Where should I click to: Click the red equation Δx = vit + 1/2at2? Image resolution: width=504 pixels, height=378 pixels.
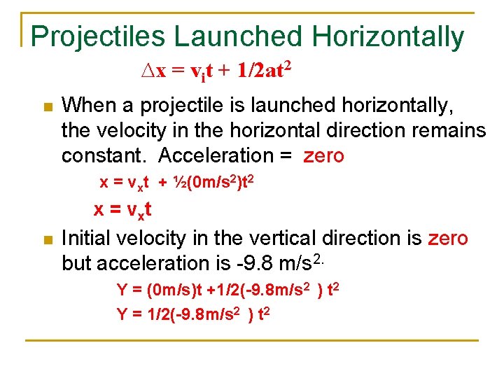click(216, 71)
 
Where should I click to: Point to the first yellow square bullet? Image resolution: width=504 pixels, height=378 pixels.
click(48, 107)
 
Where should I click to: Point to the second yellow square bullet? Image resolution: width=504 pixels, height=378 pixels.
click(48, 240)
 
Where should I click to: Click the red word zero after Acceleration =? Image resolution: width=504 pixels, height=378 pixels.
click(323, 155)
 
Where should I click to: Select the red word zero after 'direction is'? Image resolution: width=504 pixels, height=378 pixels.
click(447, 239)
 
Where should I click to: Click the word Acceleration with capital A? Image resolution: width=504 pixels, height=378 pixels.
click(215, 155)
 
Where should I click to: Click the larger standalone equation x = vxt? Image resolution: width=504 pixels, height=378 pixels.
click(123, 210)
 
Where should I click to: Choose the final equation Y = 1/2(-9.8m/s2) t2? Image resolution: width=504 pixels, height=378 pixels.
click(193, 314)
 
